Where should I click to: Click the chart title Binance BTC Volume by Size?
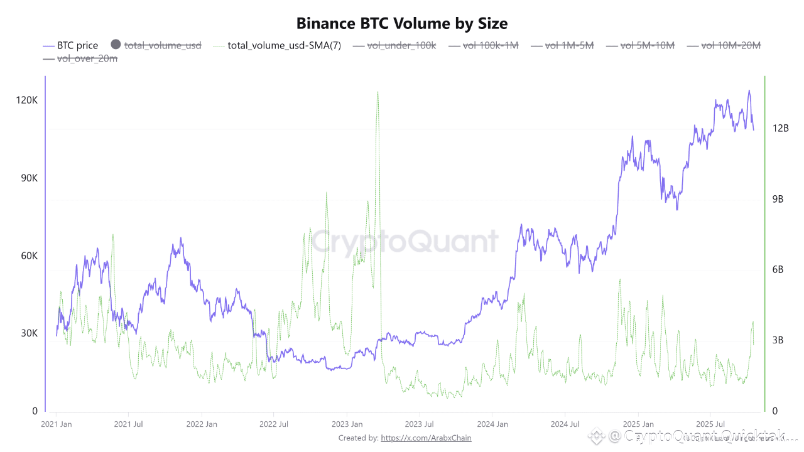[402, 23]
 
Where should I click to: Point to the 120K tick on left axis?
[27, 100]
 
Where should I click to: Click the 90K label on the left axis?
[29, 178]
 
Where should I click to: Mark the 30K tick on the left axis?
[29, 333]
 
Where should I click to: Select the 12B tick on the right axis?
[780, 128]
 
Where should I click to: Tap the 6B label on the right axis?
[779, 269]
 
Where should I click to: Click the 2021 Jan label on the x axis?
[57, 424]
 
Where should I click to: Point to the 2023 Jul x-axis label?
[418, 424]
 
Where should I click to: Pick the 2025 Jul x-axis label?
[710, 424]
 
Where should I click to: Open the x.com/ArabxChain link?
[426, 438]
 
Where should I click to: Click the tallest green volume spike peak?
[378, 92]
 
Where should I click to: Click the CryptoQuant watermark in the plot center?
[405, 242]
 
